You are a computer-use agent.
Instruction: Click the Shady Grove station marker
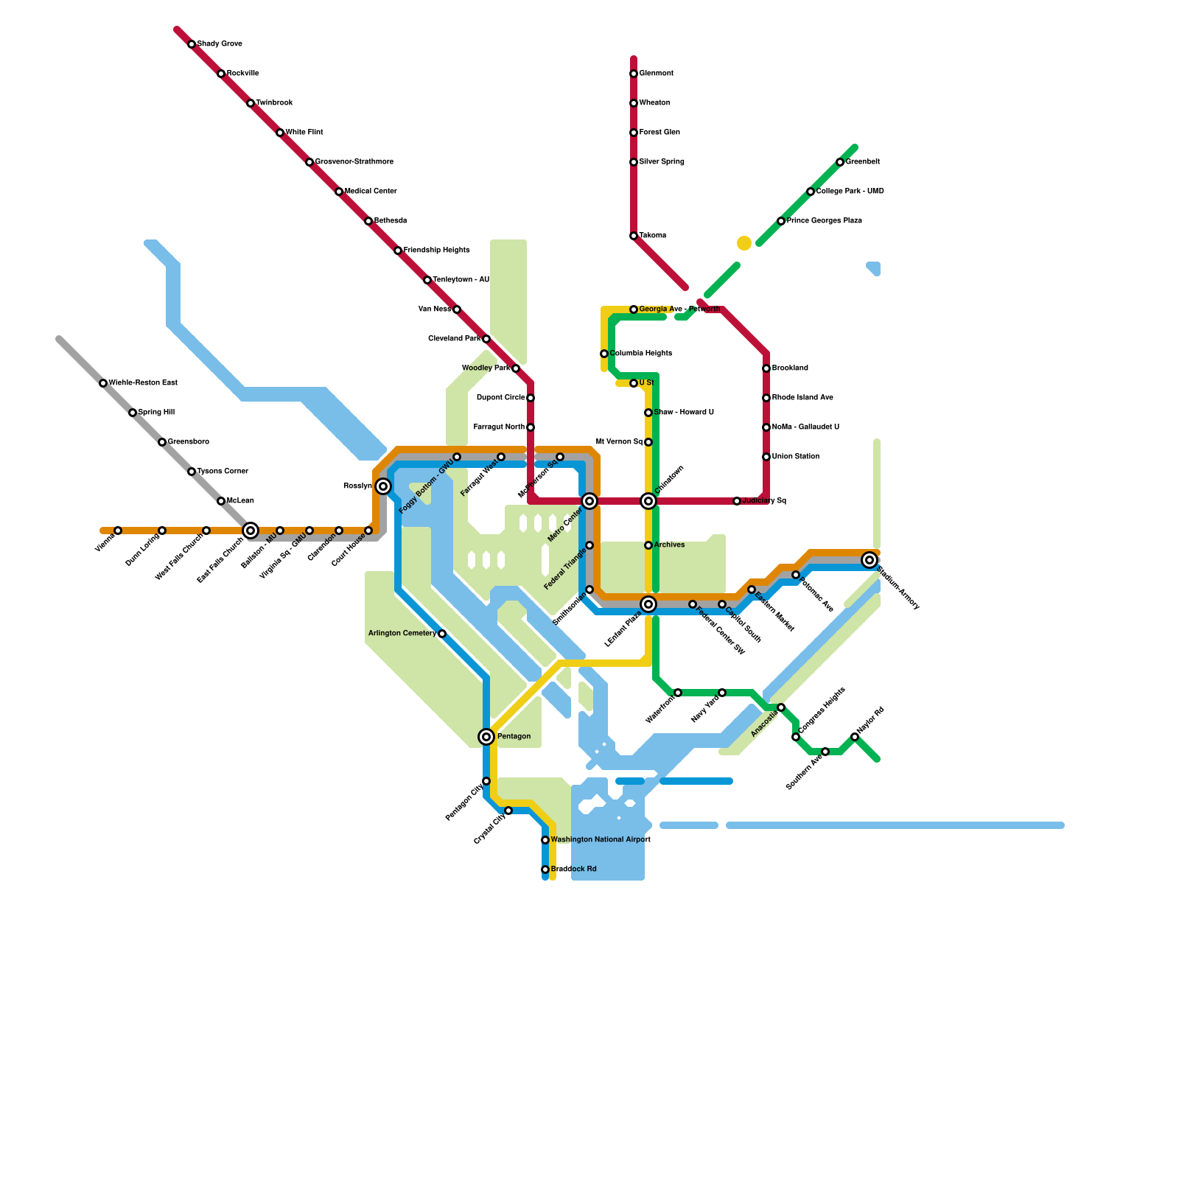click(192, 44)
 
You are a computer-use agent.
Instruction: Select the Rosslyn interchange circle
click(383, 486)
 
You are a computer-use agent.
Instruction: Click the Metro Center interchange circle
click(589, 501)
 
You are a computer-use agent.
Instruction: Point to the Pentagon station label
click(514, 737)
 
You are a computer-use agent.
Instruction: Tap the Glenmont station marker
click(634, 74)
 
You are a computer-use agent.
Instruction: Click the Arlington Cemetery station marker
click(442, 634)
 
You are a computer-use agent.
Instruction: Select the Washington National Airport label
click(601, 840)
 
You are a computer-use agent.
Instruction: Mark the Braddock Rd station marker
click(545, 870)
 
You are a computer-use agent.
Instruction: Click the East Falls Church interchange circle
click(251, 531)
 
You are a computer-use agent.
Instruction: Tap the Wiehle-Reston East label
click(143, 383)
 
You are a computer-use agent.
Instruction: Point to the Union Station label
click(796, 457)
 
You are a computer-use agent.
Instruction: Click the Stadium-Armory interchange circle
click(870, 560)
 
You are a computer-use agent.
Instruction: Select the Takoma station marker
click(634, 236)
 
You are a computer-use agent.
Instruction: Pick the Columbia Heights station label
click(640, 354)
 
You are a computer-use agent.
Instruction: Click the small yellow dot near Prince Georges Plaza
click(744, 243)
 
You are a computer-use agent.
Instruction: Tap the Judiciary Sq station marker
click(737, 501)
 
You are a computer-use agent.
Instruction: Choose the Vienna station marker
click(118, 531)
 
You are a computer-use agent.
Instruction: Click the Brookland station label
click(790, 368)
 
